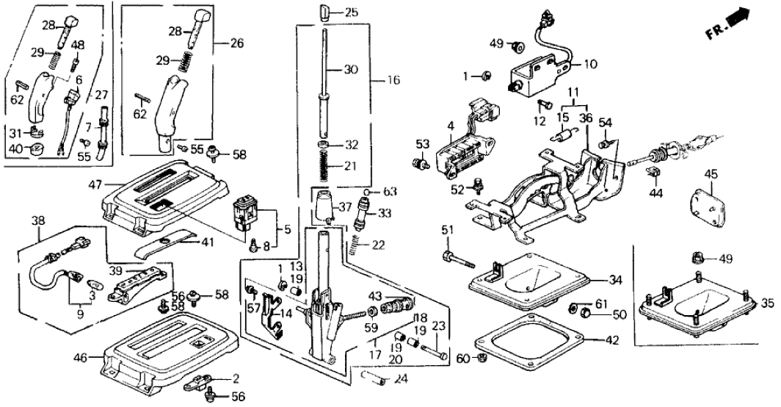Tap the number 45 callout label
710,174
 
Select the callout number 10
590,65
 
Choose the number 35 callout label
766,302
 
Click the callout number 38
37,220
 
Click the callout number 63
390,192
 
